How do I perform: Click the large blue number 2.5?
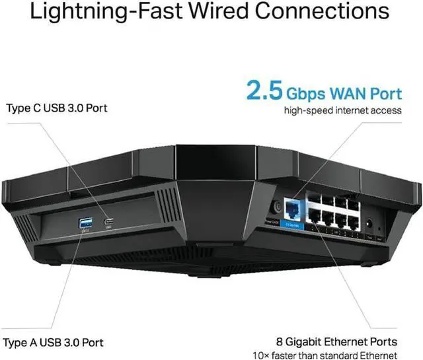(x=265, y=90)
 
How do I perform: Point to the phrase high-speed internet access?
(x=342, y=110)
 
